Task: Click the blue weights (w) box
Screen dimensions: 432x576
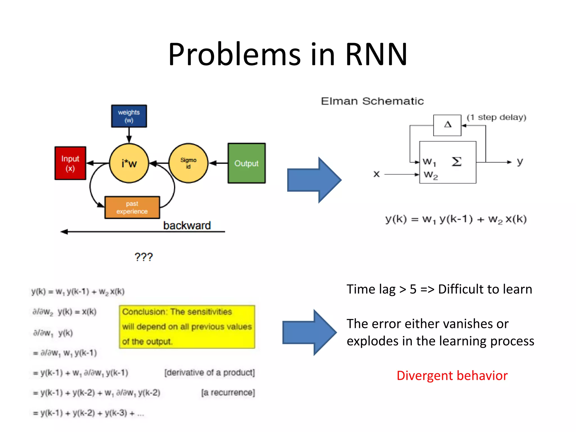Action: (x=129, y=116)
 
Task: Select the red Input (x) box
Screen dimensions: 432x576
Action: (x=70, y=163)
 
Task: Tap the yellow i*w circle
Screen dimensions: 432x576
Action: (x=129, y=163)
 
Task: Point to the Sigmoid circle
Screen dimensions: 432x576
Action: (x=188, y=163)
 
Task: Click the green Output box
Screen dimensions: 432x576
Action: (x=246, y=163)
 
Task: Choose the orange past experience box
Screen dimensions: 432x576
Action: (x=132, y=208)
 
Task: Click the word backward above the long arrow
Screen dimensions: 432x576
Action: (x=187, y=226)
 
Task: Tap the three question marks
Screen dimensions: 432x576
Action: (x=143, y=257)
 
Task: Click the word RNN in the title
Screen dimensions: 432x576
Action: (x=376, y=54)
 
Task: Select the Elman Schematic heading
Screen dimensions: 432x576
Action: (x=372, y=101)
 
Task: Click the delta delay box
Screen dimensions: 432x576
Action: (x=447, y=125)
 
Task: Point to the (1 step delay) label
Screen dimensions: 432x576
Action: (x=496, y=117)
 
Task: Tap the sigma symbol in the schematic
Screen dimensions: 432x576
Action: (x=456, y=162)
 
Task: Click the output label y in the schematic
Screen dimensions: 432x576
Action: (x=520, y=161)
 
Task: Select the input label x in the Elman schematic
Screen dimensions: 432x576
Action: (x=377, y=174)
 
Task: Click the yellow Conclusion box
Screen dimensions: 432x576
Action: (x=187, y=327)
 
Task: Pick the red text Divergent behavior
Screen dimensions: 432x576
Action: (x=452, y=376)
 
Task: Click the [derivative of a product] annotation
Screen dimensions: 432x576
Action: (x=210, y=373)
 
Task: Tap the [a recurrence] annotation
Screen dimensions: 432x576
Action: (x=228, y=393)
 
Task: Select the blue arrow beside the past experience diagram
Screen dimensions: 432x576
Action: (x=314, y=180)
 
